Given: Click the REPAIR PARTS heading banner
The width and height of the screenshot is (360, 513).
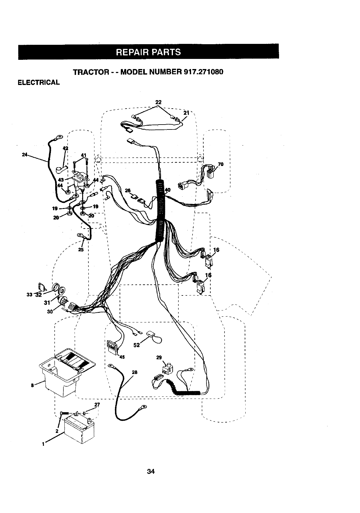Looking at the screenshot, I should [148, 52].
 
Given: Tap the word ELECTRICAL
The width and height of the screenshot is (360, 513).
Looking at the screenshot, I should [38, 83].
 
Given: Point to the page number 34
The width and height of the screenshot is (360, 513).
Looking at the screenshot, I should [150, 471].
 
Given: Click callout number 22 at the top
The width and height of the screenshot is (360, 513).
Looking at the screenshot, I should [158, 102].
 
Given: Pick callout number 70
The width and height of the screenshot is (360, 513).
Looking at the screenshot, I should [221, 164].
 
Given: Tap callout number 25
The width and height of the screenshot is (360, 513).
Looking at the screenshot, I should [81, 249].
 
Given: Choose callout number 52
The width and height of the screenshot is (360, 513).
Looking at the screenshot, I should [137, 345].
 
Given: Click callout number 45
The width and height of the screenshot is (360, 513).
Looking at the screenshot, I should [122, 357].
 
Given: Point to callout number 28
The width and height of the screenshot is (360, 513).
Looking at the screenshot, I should [134, 372].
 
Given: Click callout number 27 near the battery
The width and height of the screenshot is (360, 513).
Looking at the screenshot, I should [97, 404].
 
